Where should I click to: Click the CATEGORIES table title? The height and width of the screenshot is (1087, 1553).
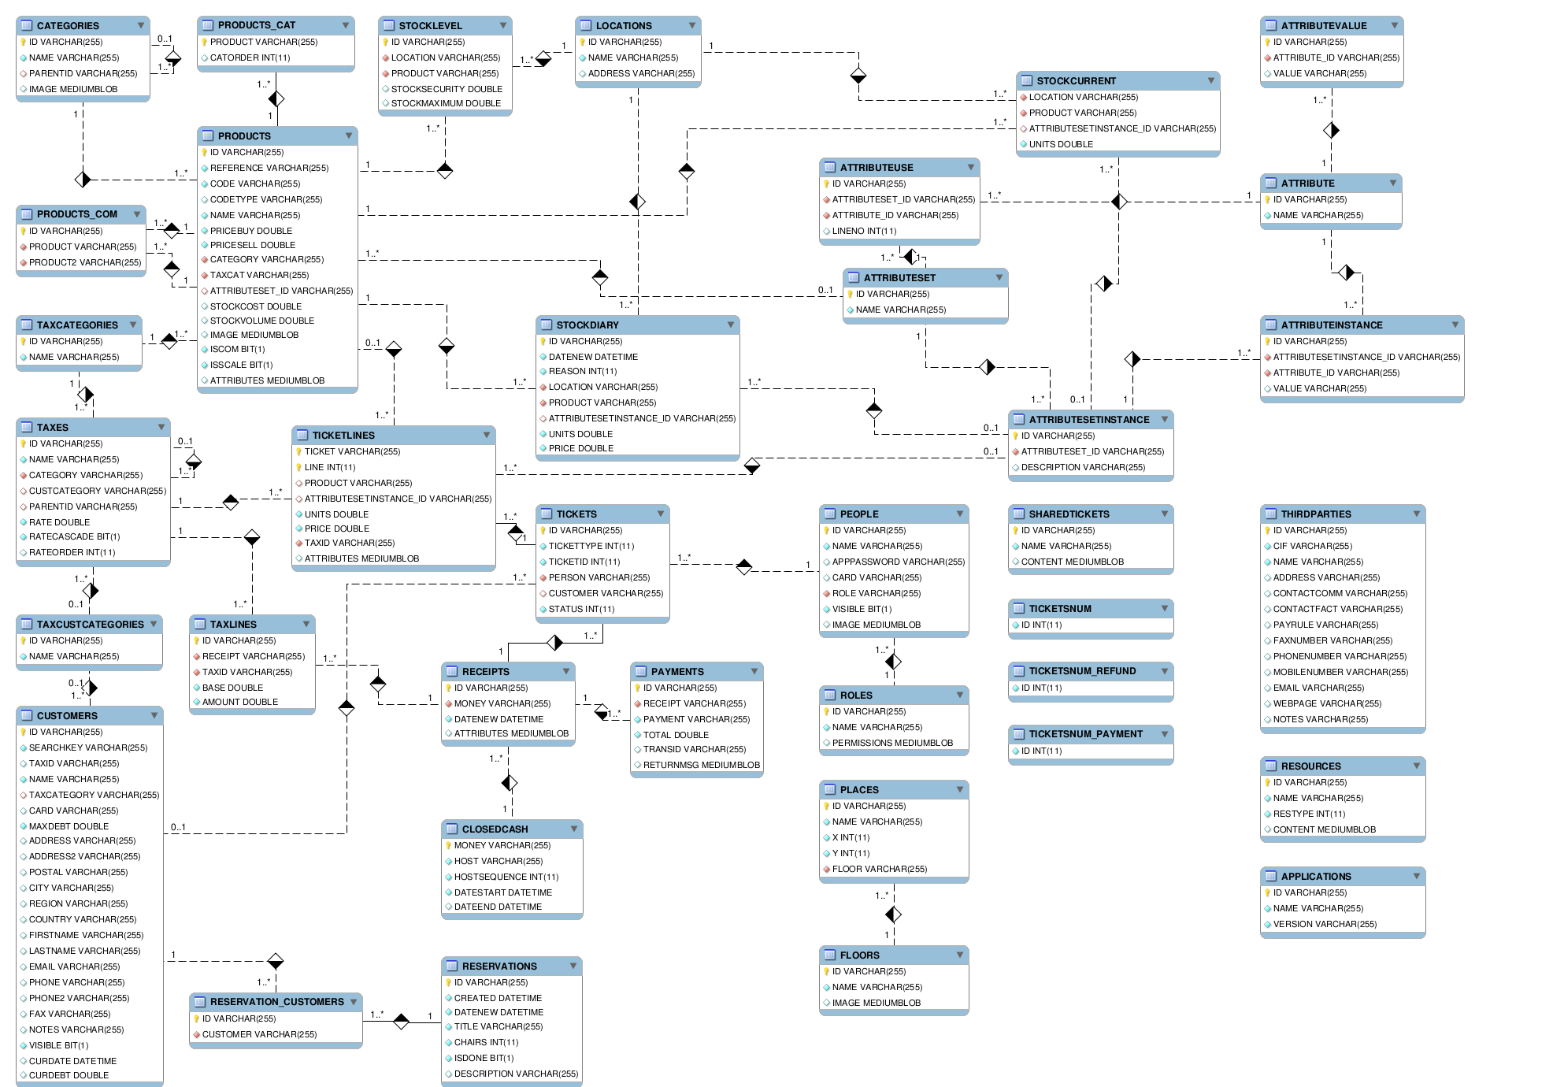coord(68,26)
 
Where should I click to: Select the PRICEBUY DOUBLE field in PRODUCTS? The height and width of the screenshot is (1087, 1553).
coord(250,231)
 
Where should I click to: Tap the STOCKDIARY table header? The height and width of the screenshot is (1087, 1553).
coord(587,325)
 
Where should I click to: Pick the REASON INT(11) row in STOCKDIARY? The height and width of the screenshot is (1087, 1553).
coord(582,371)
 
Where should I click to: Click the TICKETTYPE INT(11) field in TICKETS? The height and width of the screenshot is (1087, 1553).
coord(591,546)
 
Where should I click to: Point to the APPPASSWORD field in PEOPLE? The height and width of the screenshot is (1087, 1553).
coord(898,562)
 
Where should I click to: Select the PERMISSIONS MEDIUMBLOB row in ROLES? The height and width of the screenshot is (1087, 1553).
coord(891,743)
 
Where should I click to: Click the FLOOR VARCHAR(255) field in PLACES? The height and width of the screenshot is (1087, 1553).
coord(879,869)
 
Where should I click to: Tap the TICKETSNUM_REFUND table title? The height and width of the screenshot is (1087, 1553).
coord(1082,671)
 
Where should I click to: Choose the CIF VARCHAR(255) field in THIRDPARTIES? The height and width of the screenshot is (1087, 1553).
coord(1312,546)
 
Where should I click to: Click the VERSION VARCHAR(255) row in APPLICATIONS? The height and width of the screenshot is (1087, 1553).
coord(1325,924)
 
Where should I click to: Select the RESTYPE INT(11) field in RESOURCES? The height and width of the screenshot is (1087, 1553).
coord(1309,814)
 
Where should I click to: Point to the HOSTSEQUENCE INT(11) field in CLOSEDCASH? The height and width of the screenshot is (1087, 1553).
coord(506,877)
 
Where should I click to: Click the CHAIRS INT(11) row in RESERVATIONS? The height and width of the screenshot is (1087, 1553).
coord(486,1042)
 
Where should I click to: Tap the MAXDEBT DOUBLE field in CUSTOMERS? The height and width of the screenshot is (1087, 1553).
coord(69,826)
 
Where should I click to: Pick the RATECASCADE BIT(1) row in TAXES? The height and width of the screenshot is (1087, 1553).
coord(74,536)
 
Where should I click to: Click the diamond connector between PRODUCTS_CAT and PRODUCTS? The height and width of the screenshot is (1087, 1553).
coord(276,98)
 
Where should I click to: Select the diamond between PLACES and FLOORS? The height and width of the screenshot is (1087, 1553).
coord(893,914)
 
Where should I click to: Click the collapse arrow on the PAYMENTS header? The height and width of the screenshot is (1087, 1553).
coord(754,671)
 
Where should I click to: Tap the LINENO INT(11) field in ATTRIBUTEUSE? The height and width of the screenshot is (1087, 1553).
coord(864,231)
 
